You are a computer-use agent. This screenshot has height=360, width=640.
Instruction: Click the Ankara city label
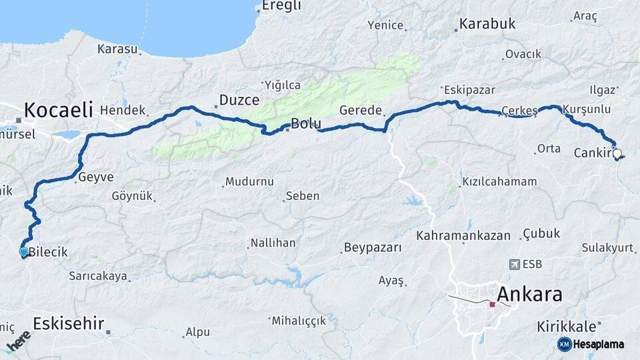click(x=530, y=294)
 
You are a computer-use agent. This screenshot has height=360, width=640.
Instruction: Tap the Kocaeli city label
click(x=58, y=110)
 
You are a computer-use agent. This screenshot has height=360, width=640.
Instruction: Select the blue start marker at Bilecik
click(x=24, y=252)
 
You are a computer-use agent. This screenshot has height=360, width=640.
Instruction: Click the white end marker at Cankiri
click(x=617, y=154)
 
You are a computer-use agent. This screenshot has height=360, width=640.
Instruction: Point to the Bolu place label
click(x=306, y=124)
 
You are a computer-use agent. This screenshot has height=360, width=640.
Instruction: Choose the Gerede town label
click(x=360, y=111)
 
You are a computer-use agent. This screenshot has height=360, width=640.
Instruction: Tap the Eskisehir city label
click(x=69, y=324)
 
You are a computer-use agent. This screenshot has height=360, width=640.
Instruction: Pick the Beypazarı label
click(x=373, y=248)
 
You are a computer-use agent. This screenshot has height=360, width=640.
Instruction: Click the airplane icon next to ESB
click(x=514, y=265)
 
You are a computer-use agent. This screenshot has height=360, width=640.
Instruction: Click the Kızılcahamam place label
click(x=489, y=181)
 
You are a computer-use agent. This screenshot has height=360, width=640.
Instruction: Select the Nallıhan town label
click(x=273, y=243)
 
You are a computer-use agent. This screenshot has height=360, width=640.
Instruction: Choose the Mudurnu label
click(x=249, y=181)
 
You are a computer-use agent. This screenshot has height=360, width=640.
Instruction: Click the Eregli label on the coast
click(x=281, y=6)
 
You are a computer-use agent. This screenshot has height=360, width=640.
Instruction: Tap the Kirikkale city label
click(x=567, y=327)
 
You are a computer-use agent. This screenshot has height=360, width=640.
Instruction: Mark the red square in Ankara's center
click(x=492, y=305)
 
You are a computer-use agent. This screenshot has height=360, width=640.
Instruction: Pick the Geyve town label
click(x=96, y=177)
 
